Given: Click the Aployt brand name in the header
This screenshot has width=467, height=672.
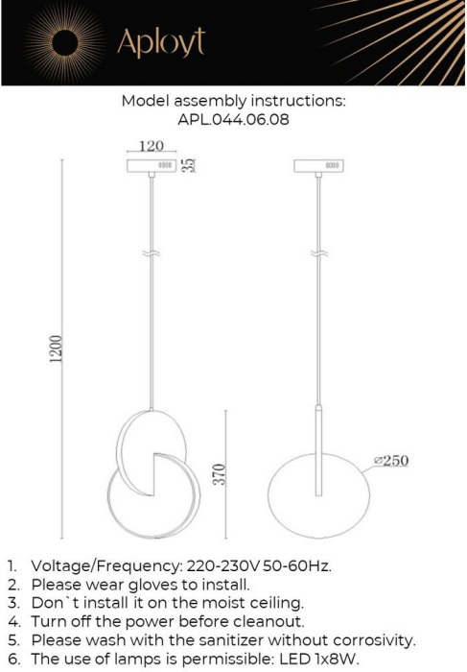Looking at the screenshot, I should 161,43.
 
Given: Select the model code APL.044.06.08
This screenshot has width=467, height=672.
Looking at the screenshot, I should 234,121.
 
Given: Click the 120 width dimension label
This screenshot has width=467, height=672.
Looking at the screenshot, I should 152,147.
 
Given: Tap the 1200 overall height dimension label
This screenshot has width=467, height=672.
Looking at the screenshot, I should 57,349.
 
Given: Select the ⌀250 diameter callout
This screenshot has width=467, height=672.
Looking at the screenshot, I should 391,461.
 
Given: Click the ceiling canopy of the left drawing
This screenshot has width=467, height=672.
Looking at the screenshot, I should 152,166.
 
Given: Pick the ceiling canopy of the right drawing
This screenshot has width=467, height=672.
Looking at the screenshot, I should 319,166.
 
